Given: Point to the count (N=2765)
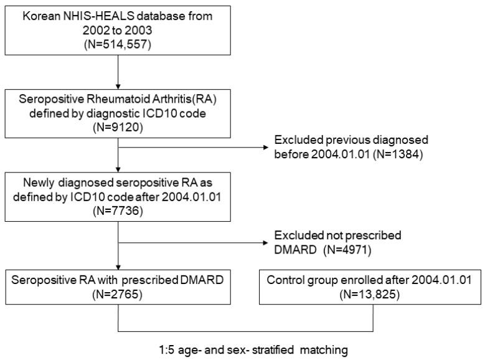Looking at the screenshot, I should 119,291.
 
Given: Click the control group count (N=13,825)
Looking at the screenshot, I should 372,291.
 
